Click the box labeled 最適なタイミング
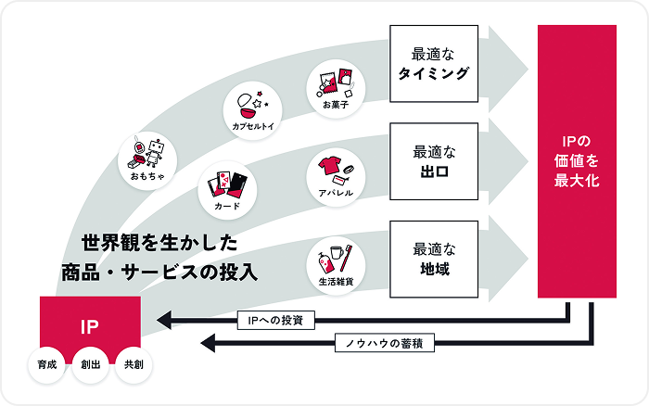pyautogui.click(x=434, y=63)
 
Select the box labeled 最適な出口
pyautogui.click(x=434, y=159)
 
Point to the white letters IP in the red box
pyautogui.click(x=89, y=325)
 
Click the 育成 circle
pyautogui.click(x=47, y=364)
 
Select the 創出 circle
pyautogui.click(x=90, y=364)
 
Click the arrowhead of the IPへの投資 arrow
pyautogui.click(x=165, y=321)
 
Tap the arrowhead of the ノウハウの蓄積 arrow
pyautogui.click(x=210, y=344)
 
